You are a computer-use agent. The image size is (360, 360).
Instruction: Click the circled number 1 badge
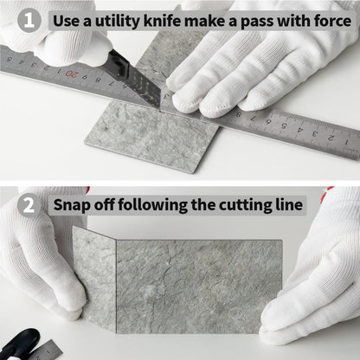point(29,21)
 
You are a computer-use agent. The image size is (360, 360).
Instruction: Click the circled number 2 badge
point(29,205)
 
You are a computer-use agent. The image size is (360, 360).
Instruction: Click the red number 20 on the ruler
point(71,74)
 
